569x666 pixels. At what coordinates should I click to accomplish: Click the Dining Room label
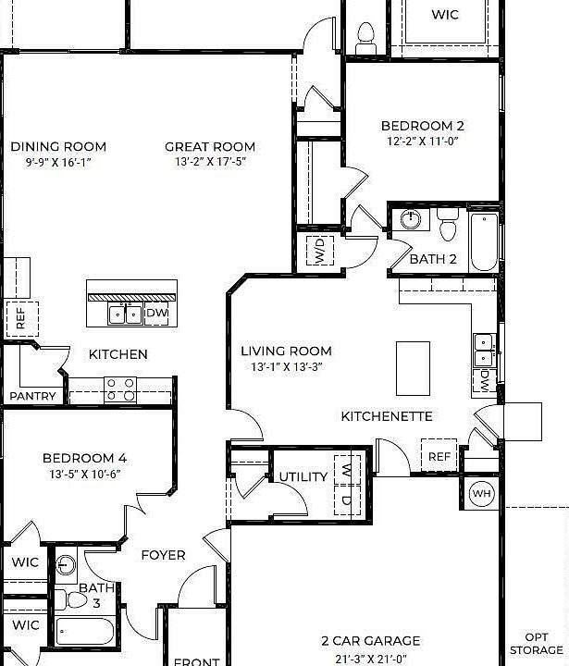coord(58,146)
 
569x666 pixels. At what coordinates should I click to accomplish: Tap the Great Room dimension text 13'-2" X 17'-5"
coord(210,162)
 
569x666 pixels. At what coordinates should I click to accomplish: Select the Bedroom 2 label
coord(423,126)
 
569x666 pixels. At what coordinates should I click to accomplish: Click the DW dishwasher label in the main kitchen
coord(156,314)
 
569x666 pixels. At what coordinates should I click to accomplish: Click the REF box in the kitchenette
coord(439,457)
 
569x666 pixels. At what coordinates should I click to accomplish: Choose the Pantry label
coord(33,396)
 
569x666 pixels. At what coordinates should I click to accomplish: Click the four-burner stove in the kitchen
coord(120,388)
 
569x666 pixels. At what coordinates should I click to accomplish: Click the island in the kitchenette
coord(413,367)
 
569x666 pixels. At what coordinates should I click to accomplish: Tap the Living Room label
coord(286,351)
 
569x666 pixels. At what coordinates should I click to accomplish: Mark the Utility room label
coord(303,477)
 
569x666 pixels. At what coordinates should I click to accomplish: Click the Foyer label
coord(163,555)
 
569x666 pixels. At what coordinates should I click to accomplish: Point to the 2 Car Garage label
coord(370,640)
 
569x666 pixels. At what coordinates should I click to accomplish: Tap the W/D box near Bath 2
coord(318,250)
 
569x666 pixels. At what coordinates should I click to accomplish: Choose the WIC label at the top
coord(445,15)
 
